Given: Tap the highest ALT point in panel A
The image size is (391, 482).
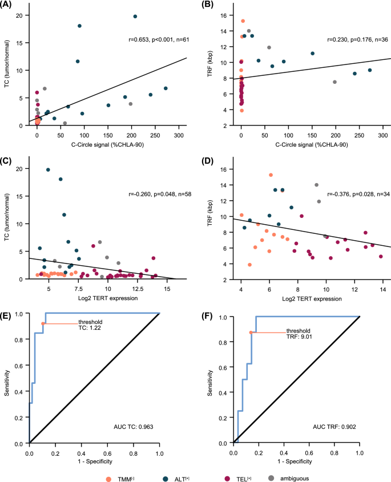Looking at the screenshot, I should pos(135,17).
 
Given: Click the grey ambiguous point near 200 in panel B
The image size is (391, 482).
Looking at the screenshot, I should pos(334,82).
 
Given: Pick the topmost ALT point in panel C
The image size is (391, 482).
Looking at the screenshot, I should pos(48,169).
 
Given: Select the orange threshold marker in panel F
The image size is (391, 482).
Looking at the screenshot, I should pos(251,333).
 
